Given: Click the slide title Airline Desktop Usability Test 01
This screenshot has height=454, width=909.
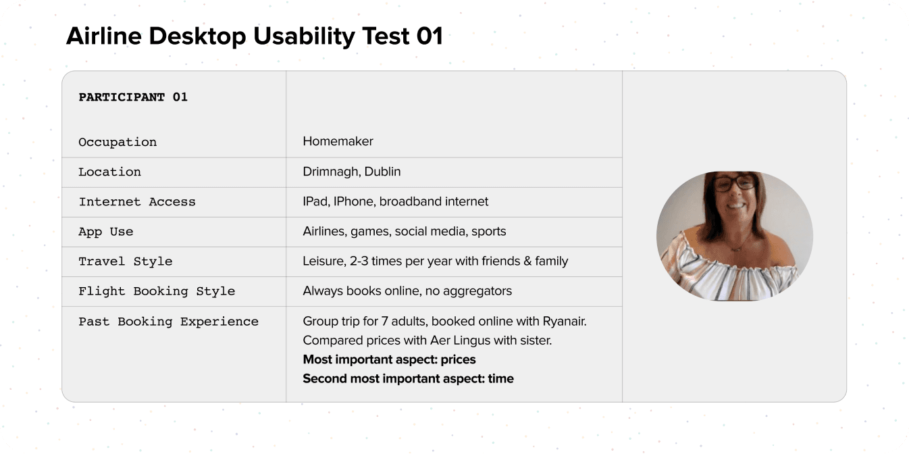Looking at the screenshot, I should click(254, 36).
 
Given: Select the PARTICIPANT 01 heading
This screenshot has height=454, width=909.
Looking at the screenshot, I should click(133, 97).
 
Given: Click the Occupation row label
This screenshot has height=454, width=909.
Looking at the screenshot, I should click(118, 142).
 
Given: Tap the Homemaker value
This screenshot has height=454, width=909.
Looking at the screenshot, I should click(338, 141).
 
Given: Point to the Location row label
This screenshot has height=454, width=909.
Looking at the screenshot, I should click(109, 172).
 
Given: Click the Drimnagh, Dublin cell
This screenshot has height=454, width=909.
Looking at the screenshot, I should click(351, 172).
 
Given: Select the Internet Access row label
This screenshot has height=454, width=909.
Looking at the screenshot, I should click(137, 201).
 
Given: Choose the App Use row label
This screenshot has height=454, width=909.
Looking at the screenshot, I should click(106, 231).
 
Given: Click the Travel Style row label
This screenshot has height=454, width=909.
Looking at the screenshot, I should click(126, 261).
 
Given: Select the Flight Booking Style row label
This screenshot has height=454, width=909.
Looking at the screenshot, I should click(157, 291).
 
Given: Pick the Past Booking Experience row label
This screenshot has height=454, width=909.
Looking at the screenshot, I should click(168, 322).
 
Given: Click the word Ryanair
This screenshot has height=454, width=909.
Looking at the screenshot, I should click(564, 322).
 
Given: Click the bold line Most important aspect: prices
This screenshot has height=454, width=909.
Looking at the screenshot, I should click(389, 359).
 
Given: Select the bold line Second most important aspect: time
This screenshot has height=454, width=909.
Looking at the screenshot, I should click(408, 378).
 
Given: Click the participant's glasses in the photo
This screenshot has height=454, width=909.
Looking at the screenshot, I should click(735, 182).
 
